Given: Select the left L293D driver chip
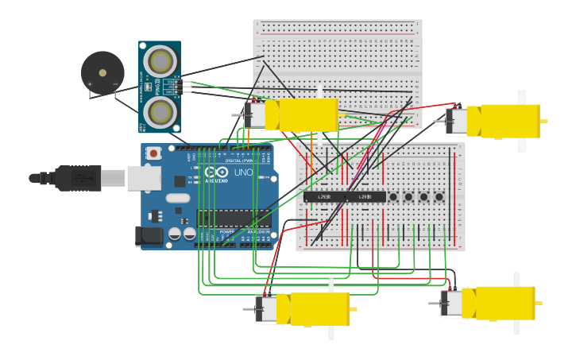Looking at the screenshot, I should click(324, 196).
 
